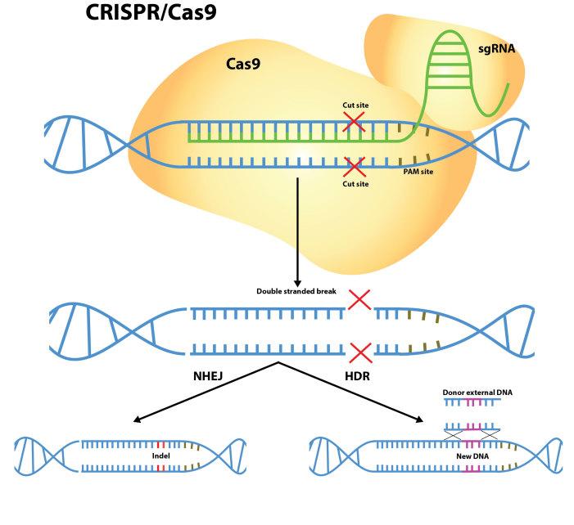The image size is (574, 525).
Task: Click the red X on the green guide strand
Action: (x=355, y=123)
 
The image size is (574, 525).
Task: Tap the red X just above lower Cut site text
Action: (x=355, y=168)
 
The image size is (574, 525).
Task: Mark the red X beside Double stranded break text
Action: (x=359, y=300)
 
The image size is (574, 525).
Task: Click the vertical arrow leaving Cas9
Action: (x=298, y=229)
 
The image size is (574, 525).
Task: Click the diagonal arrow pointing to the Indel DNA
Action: (x=205, y=392)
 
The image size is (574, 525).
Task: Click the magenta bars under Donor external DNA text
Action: (x=472, y=403)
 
